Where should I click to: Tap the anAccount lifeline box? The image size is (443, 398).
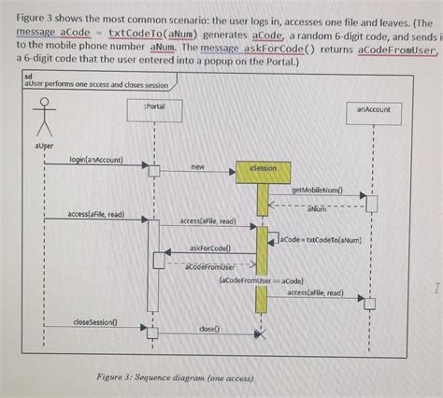[373, 108]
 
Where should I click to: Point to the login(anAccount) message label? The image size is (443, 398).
[96, 161]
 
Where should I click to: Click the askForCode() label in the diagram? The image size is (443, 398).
[210, 249]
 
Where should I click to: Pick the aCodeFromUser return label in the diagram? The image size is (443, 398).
[210, 267]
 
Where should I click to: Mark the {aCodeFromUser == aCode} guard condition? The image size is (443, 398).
[258, 279]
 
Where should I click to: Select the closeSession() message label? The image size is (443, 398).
[95, 321]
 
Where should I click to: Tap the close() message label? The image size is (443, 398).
[209, 329]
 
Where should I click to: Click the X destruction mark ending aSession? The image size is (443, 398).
[263, 334]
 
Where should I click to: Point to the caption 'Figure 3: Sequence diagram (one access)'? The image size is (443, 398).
[175, 377]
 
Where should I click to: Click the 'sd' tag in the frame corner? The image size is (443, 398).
[28, 76]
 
